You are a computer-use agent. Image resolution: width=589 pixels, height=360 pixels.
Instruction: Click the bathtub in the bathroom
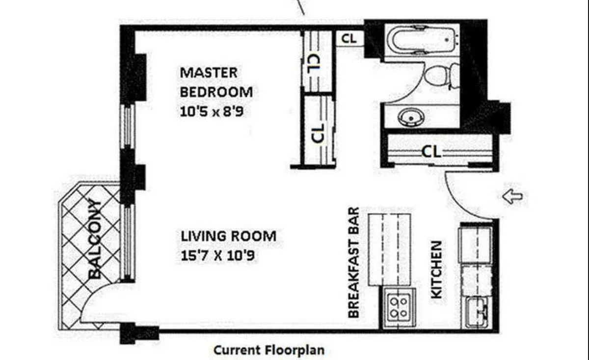coord(423,40)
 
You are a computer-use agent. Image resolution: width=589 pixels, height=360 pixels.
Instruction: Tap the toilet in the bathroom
coord(442,76)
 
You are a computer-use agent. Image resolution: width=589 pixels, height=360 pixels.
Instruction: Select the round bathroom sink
coord(411,117)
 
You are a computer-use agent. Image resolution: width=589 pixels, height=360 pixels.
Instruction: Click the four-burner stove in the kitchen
coord(399,307)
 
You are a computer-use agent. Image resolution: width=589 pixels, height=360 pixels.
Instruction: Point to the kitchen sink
coord(477,312)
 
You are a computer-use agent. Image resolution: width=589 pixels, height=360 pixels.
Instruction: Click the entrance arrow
coord(512,196)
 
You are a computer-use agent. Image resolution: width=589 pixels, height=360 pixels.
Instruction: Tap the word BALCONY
coord(95,239)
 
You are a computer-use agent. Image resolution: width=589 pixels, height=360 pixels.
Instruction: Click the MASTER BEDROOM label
coord(216,83)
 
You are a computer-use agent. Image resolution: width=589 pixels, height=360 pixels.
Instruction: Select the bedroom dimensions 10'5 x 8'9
coord(212,111)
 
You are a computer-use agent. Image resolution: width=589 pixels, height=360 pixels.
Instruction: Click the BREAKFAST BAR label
coord(353,263)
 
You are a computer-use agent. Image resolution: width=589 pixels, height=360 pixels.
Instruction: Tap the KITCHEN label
coord(436,270)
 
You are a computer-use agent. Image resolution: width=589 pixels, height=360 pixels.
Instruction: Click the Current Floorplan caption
coord(269,350)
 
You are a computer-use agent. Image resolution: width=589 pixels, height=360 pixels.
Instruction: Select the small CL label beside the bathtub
coord(349,39)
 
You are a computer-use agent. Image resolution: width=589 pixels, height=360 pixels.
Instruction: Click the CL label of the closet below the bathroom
coord(431,152)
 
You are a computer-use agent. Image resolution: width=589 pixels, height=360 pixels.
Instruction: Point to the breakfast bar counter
coord(389,249)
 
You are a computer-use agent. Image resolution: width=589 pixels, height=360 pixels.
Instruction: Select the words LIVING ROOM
coord(229,236)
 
